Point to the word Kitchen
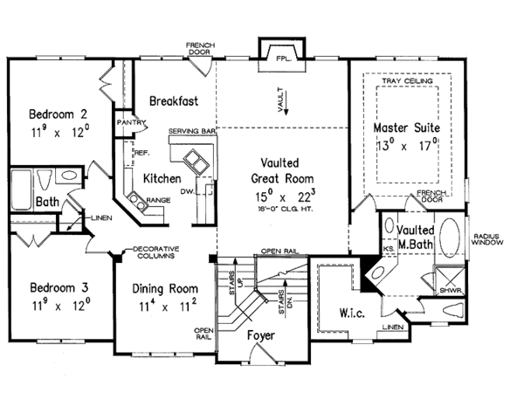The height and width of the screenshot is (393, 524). pyautogui.click(x=162, y=177)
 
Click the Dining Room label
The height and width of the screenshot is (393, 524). pyautogui.click(x=166, y=288)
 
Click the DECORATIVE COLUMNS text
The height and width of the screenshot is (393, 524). pyautogui.click(x=153, y=254)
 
